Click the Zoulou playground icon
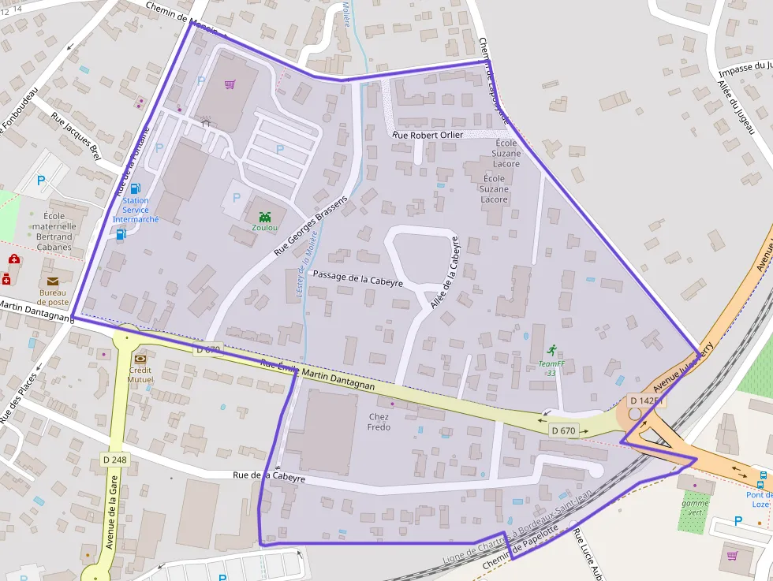coord(264,215)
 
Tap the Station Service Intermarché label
coord(136,210)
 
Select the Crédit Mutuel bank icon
coord(140,357)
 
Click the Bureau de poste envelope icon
coord(53,281)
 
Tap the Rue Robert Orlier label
coord(428,135)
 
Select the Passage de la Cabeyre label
coord(358,278)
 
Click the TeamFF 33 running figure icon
coord(551,349)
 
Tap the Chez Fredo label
coord(379,422)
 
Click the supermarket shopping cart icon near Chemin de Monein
coord(230,84)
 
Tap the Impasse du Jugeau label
coord(745,69)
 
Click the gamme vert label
coord(695,507)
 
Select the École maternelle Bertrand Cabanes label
coord(54,231)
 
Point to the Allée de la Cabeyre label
coord(443,273)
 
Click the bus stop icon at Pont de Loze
coord(762,477)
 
